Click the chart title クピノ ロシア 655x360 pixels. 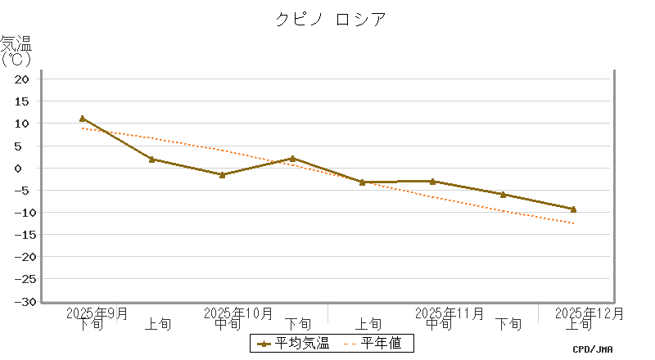[x=329, y=19]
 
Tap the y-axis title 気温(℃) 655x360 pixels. [x=16, y=50]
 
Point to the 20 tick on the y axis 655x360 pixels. [x=22, y=79]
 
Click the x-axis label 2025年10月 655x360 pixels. [x=238, y=313]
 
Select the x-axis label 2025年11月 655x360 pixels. [x=449, y=313]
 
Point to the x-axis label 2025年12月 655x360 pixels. [x=589, y=313]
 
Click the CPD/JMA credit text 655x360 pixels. [x=593, y=349]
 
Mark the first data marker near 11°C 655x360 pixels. [x=82, y=119]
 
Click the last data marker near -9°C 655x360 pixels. [x=573, y=209]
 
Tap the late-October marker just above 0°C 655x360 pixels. [x=292, y=159]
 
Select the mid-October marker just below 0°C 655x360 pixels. [x=222, y=174]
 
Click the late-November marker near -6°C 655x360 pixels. [x=503, y=195]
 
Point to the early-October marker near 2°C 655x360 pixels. [x=152, y=160]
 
